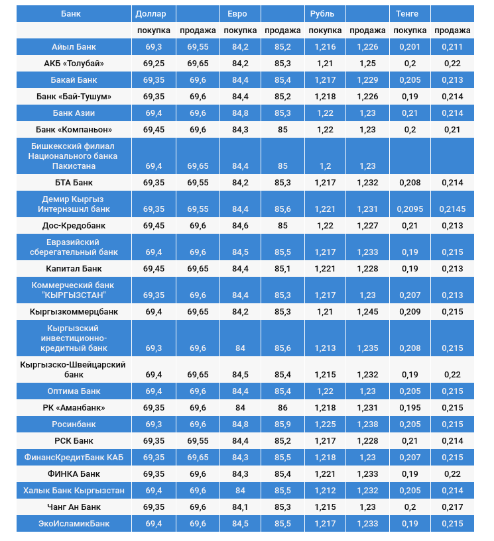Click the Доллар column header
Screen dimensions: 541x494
tap(146, 13)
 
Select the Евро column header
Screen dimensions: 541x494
tap(237, 13)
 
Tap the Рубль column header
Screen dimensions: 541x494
tap(322, 13)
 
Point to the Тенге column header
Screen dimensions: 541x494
tap(407, 13)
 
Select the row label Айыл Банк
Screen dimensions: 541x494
tap(74, 47)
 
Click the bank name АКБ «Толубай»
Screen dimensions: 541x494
tap(74, 64)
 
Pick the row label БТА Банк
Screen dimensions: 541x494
tap(74, 183)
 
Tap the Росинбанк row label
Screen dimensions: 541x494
tap(74, 424)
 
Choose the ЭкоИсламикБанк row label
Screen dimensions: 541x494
tap(74, 524)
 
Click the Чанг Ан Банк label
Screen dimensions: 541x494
tap(74, 507)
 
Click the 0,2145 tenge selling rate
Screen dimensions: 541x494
tap(452, 209)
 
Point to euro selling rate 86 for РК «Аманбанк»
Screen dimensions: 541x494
tap(283, 408)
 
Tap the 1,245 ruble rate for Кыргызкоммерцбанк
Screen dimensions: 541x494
tap(367, 312)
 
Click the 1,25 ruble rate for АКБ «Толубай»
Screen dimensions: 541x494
tap(367, 64)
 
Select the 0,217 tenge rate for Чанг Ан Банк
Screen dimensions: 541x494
tap(452, 507)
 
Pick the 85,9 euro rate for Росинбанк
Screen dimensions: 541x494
tap(283, 424)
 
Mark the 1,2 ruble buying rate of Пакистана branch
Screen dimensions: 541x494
tap(325, 166)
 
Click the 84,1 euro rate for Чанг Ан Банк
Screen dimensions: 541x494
tap(240, 507)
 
